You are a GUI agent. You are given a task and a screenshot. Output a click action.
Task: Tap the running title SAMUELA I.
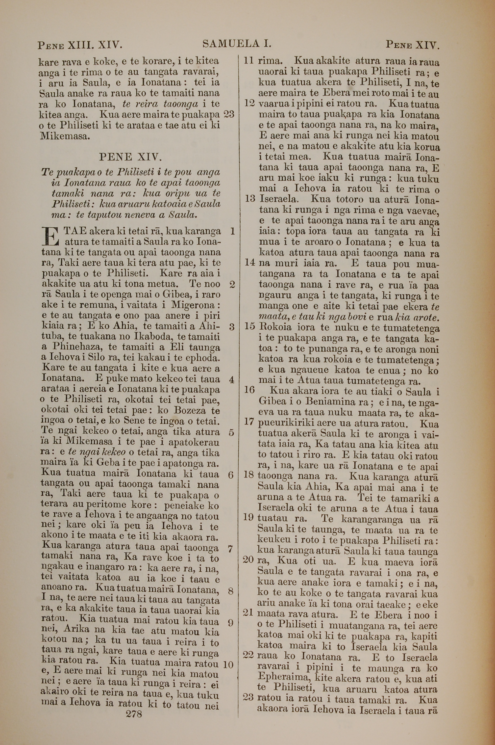(x=237, y=44)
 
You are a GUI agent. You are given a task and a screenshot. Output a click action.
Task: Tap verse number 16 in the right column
(x=249, y=390)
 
